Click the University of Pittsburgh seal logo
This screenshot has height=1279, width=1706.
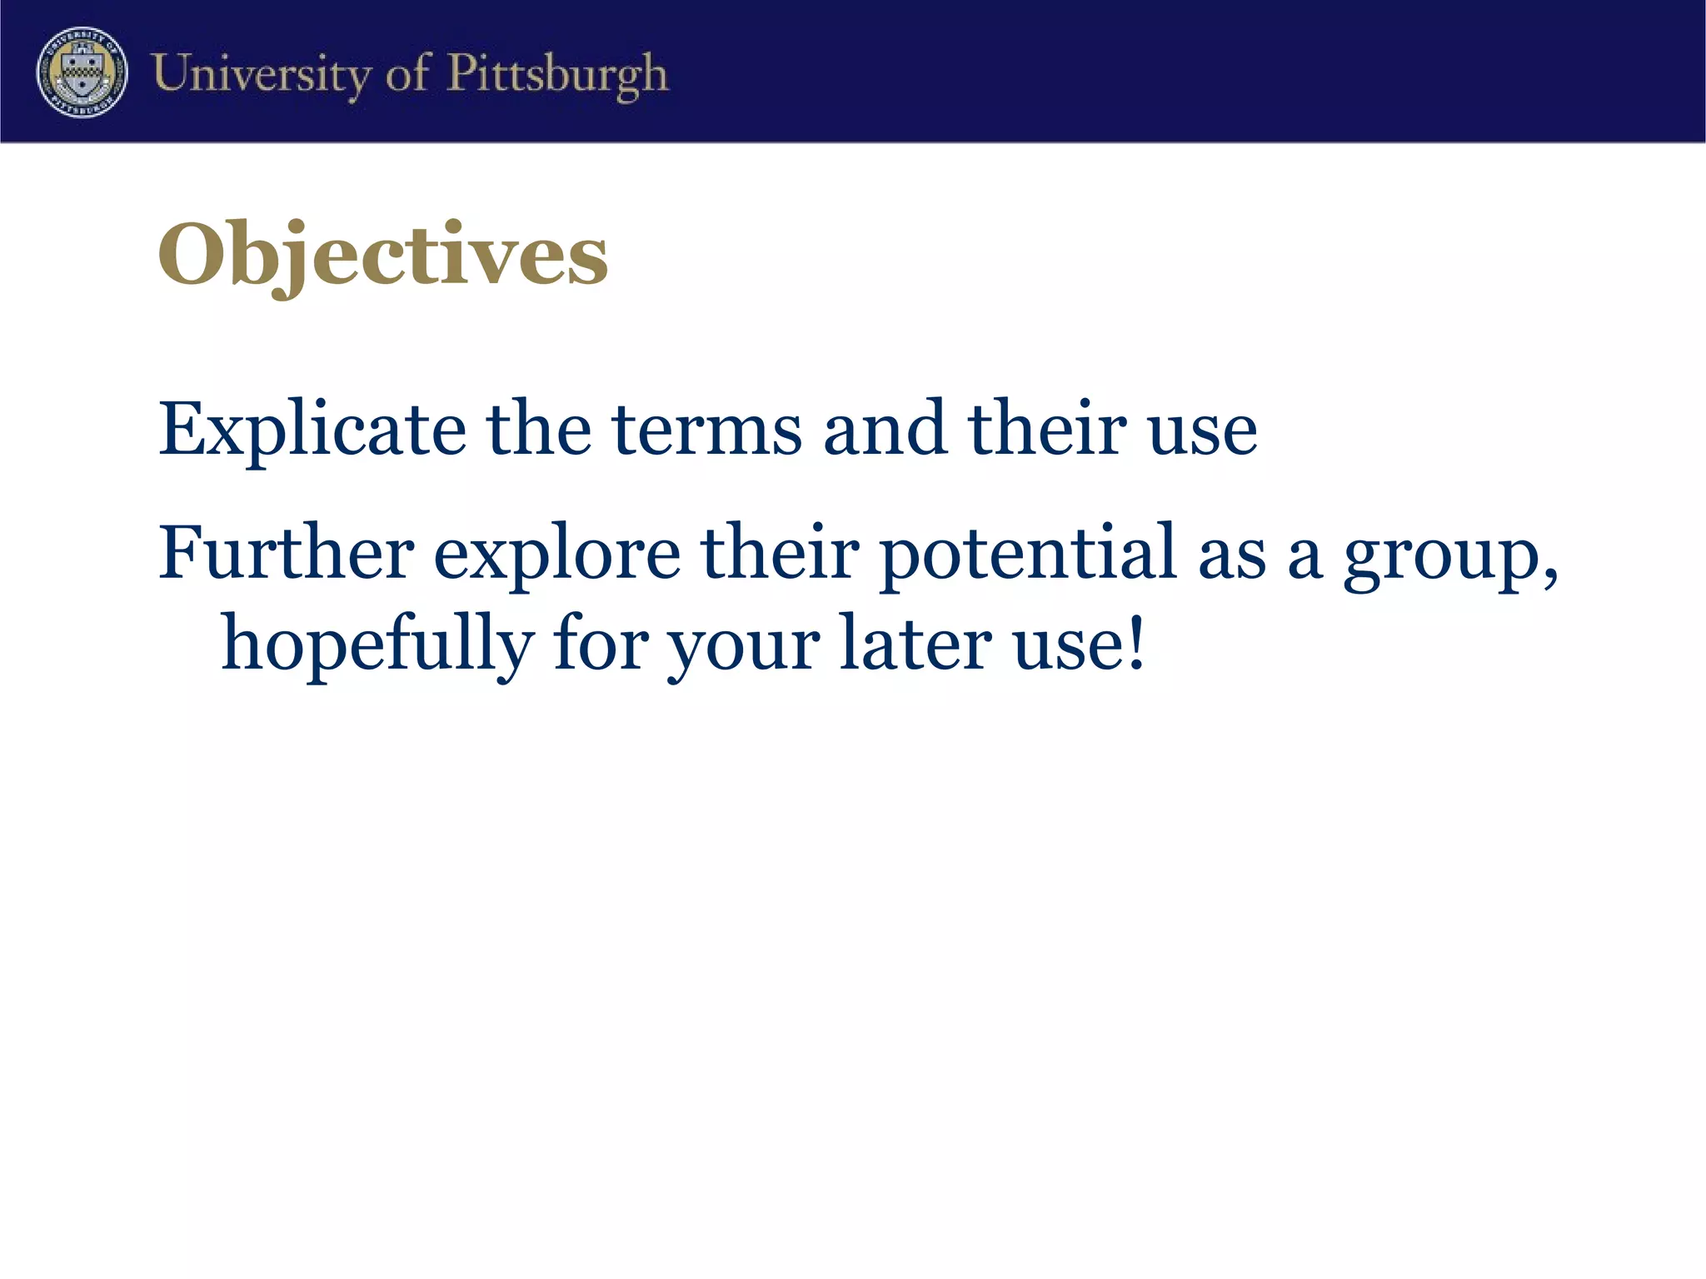pyautogui.click(x=82, y=72)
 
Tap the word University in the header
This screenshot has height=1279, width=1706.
pyautogui.click(x=261, y=74)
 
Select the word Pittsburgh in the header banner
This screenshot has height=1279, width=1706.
pyautogui.click(x=557, y=74)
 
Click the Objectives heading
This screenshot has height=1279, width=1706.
pyautogui.click(x=383, y=253)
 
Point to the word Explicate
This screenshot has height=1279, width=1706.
pyautogui.click(x=312, y=430)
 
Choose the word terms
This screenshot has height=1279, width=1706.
pyautogui.click(x=707, y=430)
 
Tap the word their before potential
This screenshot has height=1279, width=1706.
pyautogui.click(x=781, y=551)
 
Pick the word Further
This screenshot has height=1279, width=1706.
pyautogui.click(x=286, y=551)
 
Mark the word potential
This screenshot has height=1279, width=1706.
pyautogui.click(x=1027, y=553)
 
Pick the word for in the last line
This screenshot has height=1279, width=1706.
pyautogui.click(x=601, y=643)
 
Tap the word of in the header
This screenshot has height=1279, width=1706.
pyautogui.click(x=408, y=73)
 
